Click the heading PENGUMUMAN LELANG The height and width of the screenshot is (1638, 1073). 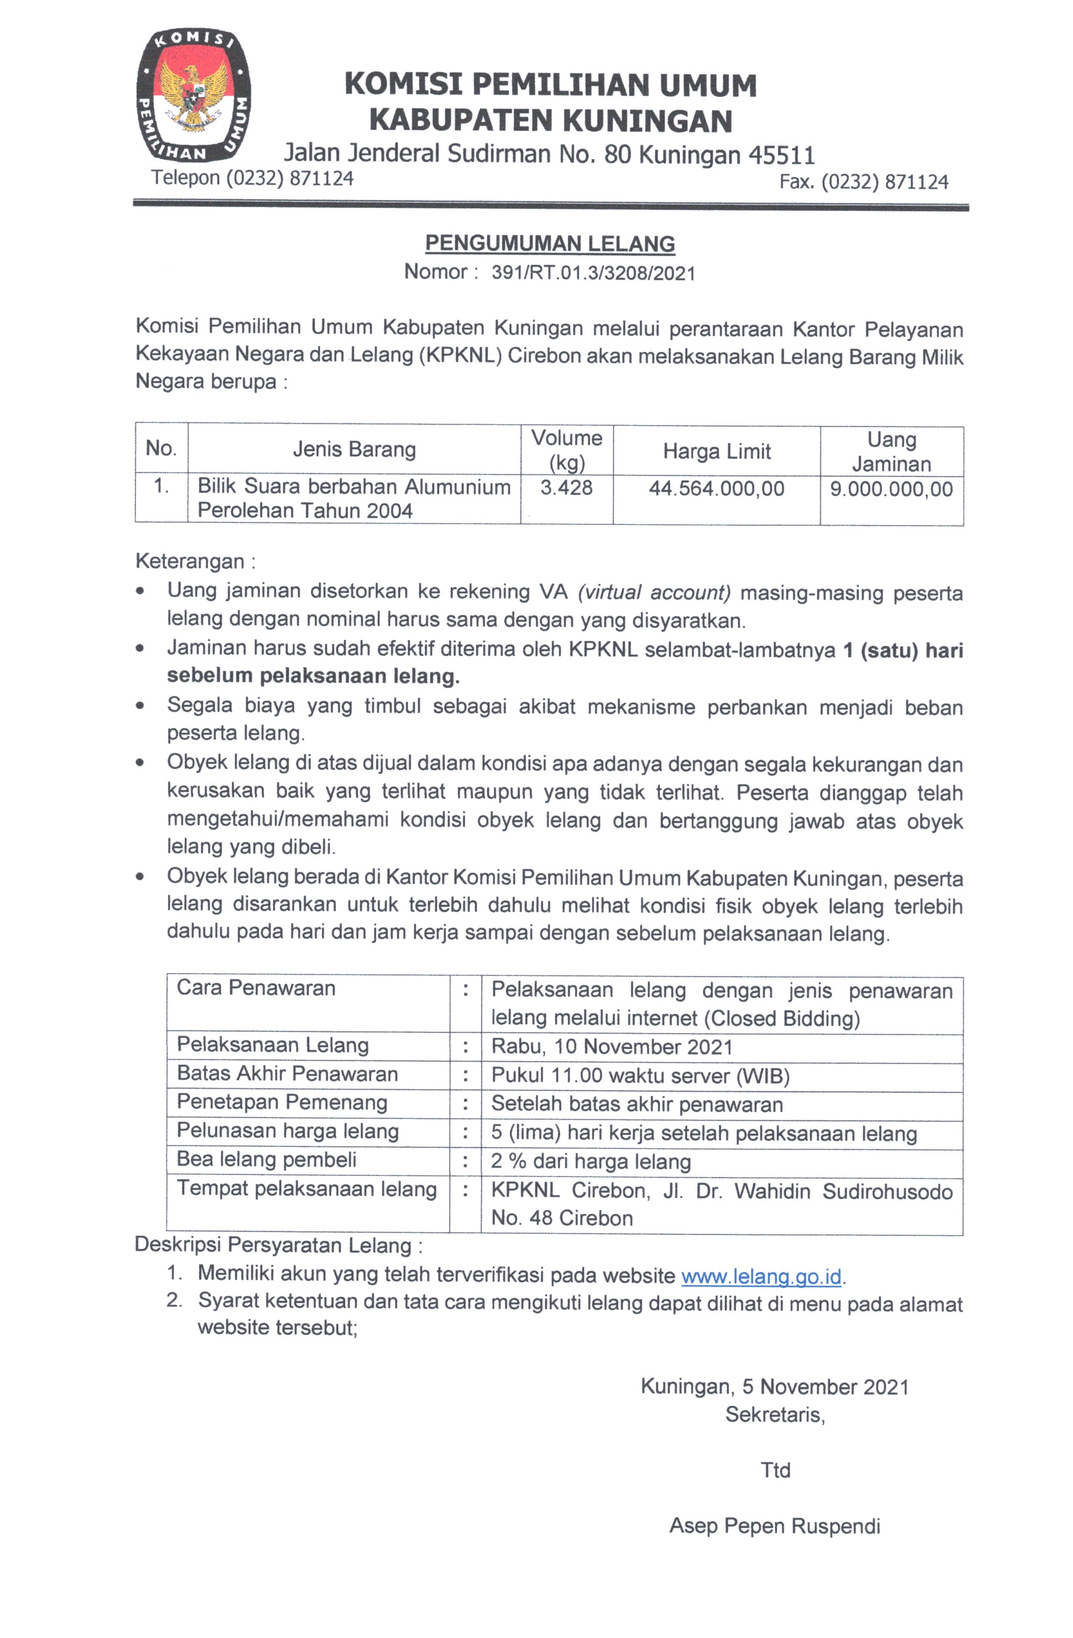(549, 244)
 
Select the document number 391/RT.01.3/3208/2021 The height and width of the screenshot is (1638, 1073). (593, 273)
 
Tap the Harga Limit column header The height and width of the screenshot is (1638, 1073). (716, 451)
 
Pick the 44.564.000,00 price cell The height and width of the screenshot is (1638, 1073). (716, 489)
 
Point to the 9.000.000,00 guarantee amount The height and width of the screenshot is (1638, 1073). (891, 489)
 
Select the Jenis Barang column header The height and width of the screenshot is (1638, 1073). (354, 449)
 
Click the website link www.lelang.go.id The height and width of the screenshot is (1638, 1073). (761, 1277)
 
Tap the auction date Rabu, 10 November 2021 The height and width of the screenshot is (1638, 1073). (612, 1047)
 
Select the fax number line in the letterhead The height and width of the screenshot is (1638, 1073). (863, 183)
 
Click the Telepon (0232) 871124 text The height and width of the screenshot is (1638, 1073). (253, 178)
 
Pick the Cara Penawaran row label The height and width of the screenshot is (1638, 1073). (256, 988)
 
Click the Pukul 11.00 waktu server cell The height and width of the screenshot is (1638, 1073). (640, 1076)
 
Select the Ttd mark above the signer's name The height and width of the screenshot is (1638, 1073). (775, 1470)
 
